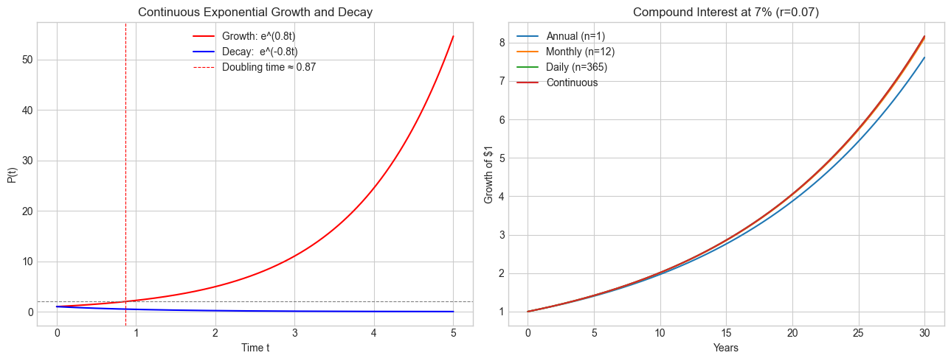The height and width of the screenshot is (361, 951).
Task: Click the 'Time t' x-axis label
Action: click(255, 348)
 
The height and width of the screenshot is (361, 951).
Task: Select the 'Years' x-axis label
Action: click(727, 348)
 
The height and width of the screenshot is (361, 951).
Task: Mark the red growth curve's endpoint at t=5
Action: click(453, 36)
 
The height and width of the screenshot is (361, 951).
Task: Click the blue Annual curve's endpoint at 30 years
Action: click(924, 57)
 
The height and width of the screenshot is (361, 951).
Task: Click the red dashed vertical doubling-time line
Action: click(125, 184)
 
